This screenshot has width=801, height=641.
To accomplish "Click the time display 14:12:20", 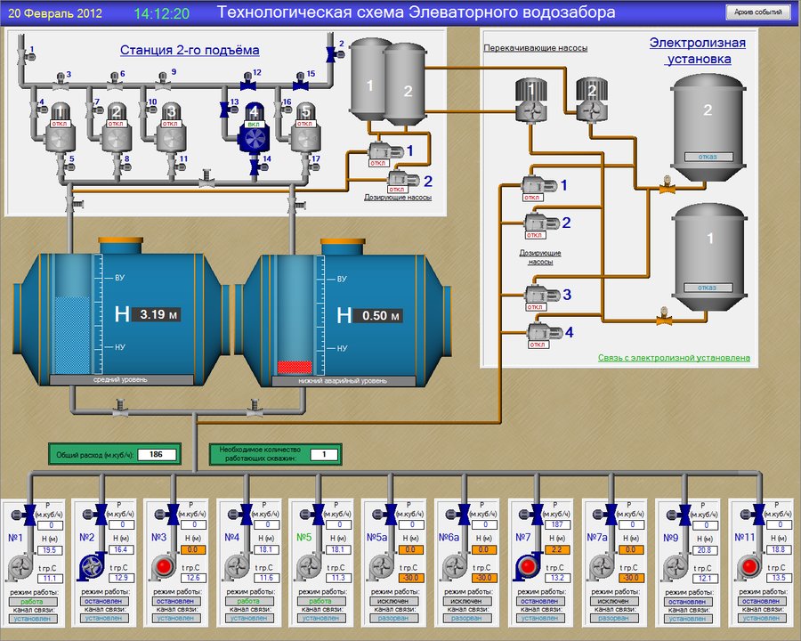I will (x=161, y=14).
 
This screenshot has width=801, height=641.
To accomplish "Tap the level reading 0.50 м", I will (x=377, y=315).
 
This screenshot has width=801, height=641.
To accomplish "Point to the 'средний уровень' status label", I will (x=121, y=380).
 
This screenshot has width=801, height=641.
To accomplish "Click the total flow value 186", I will (x=157, y=455).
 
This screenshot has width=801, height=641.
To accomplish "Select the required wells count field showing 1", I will (x=324, y=455).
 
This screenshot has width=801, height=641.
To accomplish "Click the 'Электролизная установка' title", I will (x=698, y=51).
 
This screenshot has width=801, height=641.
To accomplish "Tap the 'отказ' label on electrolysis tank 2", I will (x=708, y=158).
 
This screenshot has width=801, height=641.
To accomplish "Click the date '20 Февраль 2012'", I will (x=55, y=14).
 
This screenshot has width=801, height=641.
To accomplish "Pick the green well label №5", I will (x=304, y=537).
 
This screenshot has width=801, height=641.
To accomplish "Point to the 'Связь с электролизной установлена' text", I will (x=674, y=358).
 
